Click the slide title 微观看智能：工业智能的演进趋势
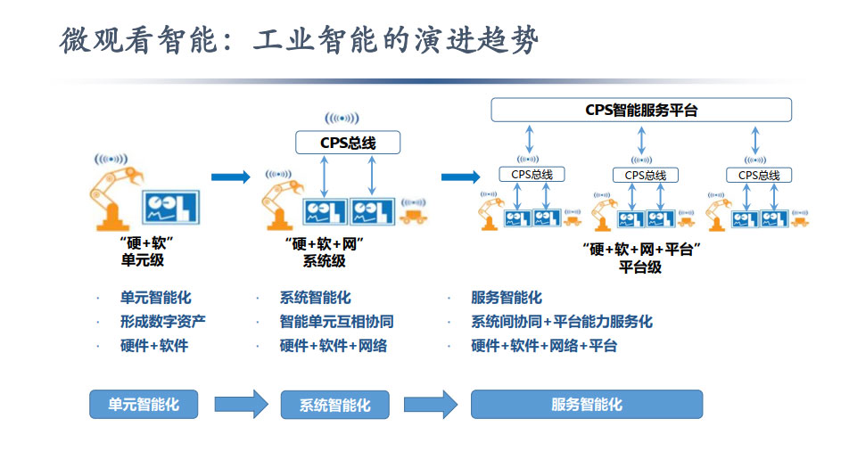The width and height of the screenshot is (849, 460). (300, 41)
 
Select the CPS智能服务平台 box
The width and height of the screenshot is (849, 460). (641, 110)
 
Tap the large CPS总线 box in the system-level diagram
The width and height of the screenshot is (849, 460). (348, 142)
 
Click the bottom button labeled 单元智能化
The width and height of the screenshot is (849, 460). (144, 404)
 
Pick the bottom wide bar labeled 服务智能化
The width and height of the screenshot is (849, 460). (587, 404)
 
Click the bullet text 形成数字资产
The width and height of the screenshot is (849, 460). (163, 321)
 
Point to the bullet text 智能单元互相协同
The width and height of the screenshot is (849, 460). (336, 321)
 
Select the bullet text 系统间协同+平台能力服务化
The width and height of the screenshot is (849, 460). (562, 321)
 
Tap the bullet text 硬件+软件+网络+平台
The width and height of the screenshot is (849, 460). (544, 345)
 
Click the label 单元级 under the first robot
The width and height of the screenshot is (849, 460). (143, 260)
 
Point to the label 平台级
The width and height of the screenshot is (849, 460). (640, 267)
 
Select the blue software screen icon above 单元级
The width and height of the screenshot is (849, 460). (172, 207)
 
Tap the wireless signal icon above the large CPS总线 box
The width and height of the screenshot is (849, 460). (342, 118)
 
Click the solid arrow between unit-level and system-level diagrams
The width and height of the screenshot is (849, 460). (231, 177)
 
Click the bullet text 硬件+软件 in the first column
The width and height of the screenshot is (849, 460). (154, 345)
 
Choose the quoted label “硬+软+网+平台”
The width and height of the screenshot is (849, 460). (640, 250)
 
